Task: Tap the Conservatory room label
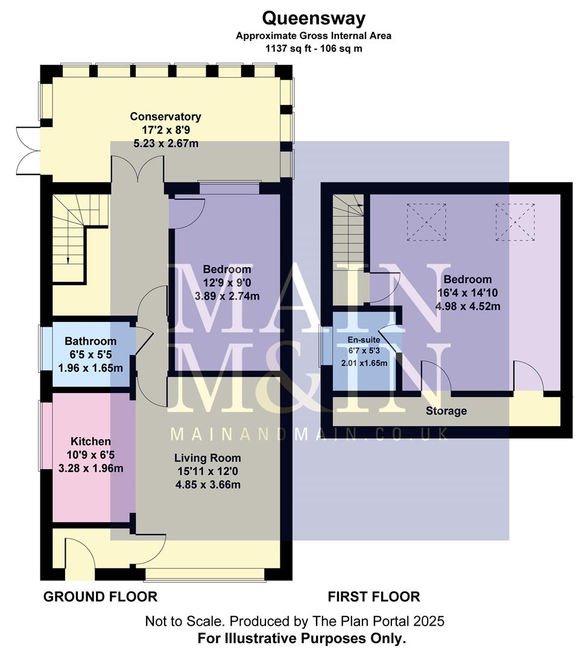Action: [165, 116]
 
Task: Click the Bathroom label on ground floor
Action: [90, 341]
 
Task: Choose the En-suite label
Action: [364, 339]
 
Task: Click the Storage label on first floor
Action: [446, 411]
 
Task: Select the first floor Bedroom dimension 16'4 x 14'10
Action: [467, 293]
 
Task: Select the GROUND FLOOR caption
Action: [100, 597]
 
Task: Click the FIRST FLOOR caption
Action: [373, 597]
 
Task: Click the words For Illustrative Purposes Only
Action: [302, 637]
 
